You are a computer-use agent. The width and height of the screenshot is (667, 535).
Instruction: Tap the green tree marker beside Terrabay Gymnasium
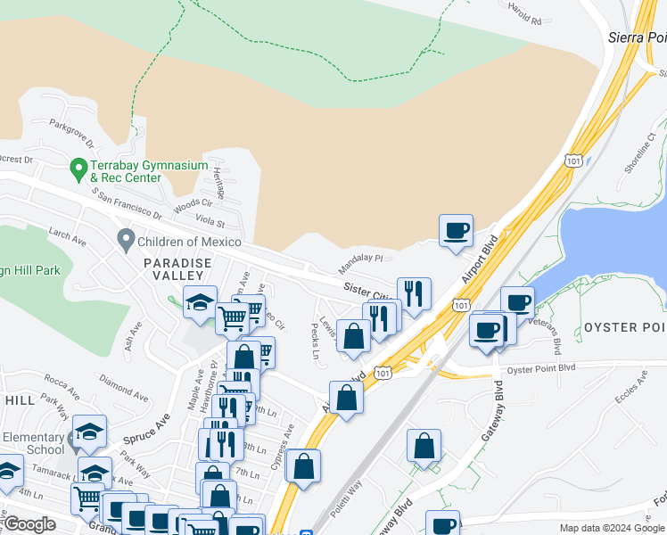(x=78, y=167)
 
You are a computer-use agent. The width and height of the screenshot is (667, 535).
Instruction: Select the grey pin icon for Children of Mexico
(x=126, y=241)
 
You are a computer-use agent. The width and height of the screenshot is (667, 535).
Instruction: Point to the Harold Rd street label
(x=523, y=16)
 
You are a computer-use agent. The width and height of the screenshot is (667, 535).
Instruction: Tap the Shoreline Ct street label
(x=640, y=152)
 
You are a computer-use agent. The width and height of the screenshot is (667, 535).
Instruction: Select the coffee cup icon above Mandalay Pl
(x=456, y=230)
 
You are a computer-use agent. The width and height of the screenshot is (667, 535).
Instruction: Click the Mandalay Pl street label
(x=360, y=264)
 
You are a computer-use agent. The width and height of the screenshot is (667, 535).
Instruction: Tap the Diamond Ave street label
(x=124, y=388)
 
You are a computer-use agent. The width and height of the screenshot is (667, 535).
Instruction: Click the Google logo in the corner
(x=29, y=525)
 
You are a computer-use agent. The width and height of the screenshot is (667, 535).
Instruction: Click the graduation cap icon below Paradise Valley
(x=200, y=302)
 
